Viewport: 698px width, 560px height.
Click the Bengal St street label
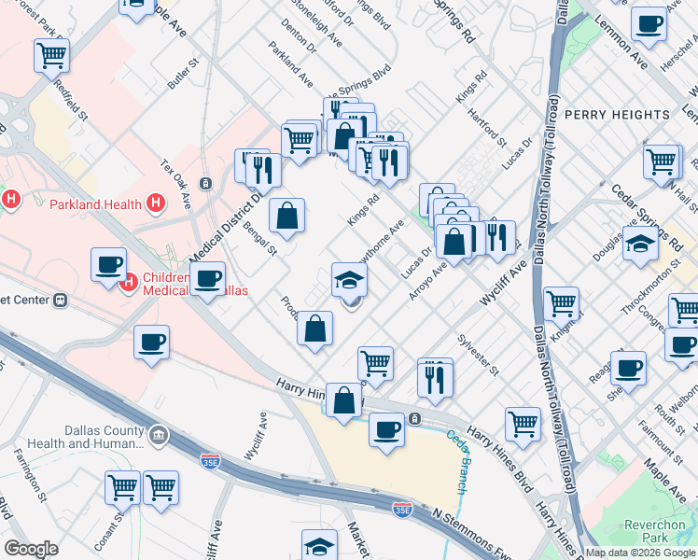(260, 238)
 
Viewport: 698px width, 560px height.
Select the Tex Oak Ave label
(174, 183)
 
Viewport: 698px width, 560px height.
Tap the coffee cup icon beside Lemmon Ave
(649, 23)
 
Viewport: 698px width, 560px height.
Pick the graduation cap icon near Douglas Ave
(639, 245)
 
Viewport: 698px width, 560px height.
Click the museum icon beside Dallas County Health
(159, 434)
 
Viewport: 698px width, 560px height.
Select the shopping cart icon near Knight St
(561, 302)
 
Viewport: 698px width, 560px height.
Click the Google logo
(31, 550)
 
